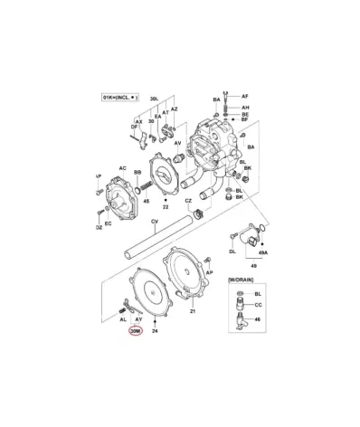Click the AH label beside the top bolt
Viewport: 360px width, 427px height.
[x=243, y=108]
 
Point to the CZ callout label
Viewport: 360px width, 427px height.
[x=188, y=200]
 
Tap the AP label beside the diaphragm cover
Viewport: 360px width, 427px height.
[x=209, y=270]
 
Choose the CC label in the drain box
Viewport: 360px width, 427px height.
[x=257, y=306]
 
